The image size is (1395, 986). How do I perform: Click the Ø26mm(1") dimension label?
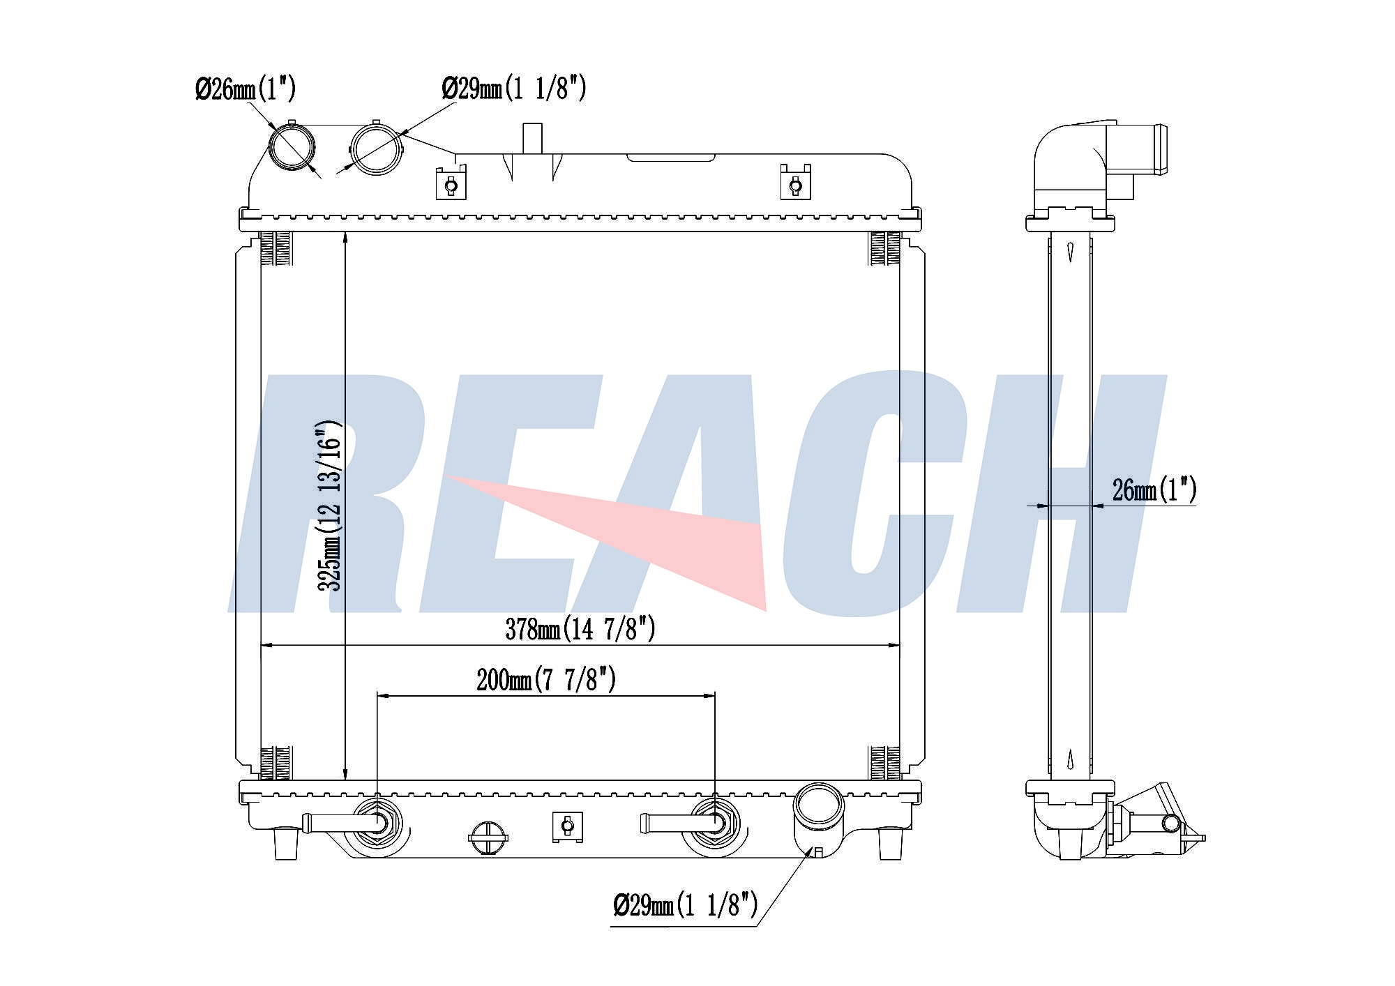coord(245,89)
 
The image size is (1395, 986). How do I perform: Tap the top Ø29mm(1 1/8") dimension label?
coord(513,89)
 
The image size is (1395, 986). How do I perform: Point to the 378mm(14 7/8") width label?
coord(580,629)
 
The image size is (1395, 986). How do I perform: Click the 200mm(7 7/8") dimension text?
coord(546,679)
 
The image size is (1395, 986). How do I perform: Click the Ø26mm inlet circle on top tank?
coord(292,147)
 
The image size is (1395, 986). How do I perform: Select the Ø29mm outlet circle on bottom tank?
coord(820,807)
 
